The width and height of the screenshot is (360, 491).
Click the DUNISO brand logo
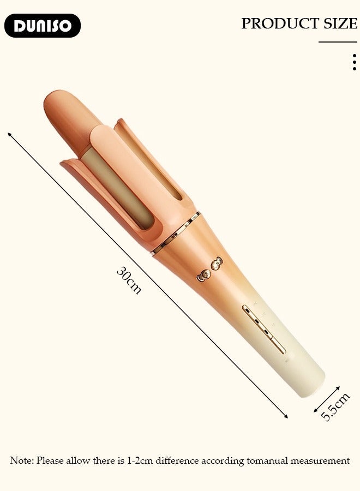pos(43,26)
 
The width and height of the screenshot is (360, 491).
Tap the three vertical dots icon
pos(355,62)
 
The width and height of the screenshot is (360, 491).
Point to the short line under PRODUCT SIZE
pos(338,42)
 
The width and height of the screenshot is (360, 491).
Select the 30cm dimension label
pos(129,280)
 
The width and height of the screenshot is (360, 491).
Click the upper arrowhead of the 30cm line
pos(10,134)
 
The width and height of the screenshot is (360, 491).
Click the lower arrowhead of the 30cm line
pos(285,416)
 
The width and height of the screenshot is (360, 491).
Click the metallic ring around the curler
pos(176,233)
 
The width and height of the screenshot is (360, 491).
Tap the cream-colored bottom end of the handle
pos(305,382)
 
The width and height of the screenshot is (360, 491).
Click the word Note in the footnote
pos(22,460)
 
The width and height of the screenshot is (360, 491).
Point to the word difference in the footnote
pos(177,460)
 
